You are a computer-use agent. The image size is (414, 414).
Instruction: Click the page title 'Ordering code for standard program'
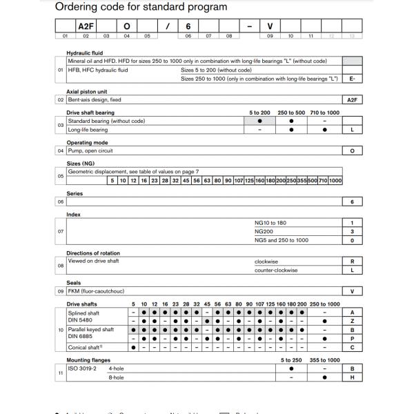pyautogui.click(x=141, y=8)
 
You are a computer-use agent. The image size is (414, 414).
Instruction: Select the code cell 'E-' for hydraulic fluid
pyautogui.click(x=352, y=79)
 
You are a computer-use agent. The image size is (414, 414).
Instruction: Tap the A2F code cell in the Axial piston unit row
pyautogui.click(x=352, y=100)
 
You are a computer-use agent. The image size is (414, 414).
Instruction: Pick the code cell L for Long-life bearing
pyautogui.click(x=352, y=130)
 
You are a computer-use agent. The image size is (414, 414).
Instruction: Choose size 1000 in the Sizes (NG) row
pyautogui.click(x=335, y=181)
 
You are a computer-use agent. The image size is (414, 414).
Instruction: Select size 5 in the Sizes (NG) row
pyautogui.click(x=112, y=181)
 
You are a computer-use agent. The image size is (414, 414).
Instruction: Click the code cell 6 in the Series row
pyautogui.click(x=352, y=202)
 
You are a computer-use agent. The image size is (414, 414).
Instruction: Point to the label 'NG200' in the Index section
pyautogui.click(x=264, y=232)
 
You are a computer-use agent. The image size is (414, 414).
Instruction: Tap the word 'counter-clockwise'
pyautogui.click(x=276, y=270)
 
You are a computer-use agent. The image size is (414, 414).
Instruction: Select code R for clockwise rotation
pyautogui.click(x=352, y=262)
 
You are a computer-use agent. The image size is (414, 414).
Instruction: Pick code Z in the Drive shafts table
pyautogui.click(x=352, y=321)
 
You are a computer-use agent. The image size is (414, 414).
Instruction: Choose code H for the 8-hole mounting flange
pyautogui.click(x=352, y=377)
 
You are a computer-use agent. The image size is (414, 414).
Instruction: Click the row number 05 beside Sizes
pyautogui.click(x=61, y=176)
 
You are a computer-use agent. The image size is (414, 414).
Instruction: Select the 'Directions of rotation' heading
pyautogui.click(x=93, y=253)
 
